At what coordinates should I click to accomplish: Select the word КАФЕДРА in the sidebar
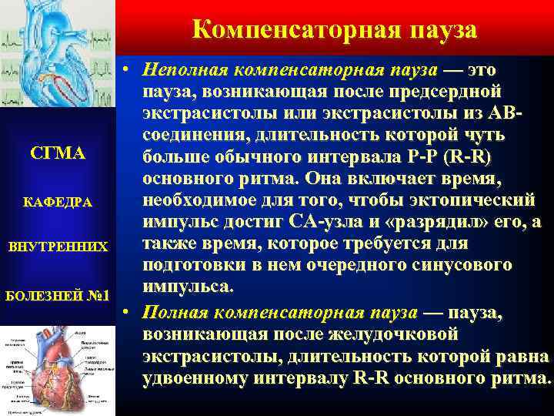[x=57, y=202]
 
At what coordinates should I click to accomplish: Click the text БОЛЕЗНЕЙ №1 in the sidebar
[x=57, y=295]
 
